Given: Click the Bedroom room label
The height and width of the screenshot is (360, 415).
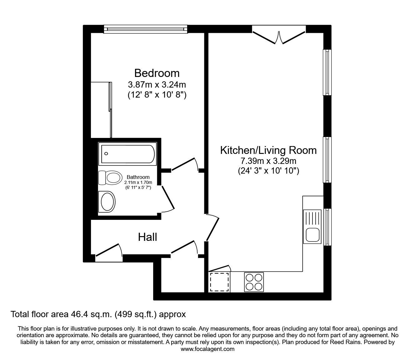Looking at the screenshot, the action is coord(157,73).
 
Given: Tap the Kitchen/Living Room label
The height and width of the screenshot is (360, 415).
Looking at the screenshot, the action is coord(268,150).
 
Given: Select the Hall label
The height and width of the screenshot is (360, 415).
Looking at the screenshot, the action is coord(147,237).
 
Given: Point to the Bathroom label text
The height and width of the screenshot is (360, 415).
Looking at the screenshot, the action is coord(138,177).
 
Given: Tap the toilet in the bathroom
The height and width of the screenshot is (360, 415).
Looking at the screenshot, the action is coord(110,178).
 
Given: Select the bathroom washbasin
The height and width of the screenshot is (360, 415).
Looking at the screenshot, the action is coord(107,202).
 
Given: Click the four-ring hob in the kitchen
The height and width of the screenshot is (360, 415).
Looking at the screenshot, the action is coord(254,282).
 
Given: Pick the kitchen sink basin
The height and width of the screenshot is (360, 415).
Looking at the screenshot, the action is coord(312,235).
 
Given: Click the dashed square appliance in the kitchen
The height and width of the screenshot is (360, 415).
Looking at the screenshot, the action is coord(219,282).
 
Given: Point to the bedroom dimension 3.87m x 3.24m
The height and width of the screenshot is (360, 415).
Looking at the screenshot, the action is coord(157,85).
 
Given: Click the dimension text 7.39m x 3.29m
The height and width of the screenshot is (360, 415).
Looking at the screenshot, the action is coord(268,161).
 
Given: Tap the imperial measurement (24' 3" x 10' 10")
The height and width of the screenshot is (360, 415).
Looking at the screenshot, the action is coord(268,171).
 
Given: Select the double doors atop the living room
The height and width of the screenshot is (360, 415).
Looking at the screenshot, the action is coord(279,38).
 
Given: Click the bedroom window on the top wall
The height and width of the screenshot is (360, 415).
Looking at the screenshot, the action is coord(146,29).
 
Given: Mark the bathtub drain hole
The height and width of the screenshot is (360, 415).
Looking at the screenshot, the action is coord(106,154).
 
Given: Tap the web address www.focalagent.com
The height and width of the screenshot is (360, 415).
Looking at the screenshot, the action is coord(207,349).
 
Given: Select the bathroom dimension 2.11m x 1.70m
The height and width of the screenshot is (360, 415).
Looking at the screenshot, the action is coord(138,183).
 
